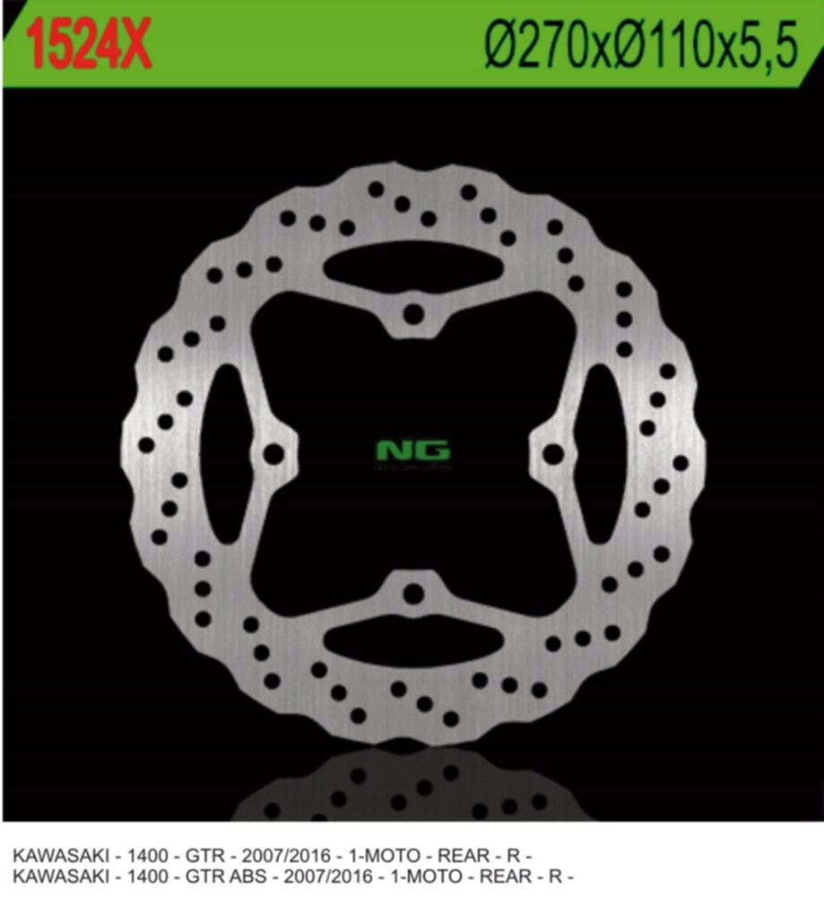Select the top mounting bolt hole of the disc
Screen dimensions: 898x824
coord(412,315)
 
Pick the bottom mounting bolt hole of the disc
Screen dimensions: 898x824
coord(412,593)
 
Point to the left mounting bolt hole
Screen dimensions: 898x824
coord(273,453)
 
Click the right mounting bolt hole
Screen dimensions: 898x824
coord(553,453)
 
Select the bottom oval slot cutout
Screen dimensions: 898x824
coord(412,642)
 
